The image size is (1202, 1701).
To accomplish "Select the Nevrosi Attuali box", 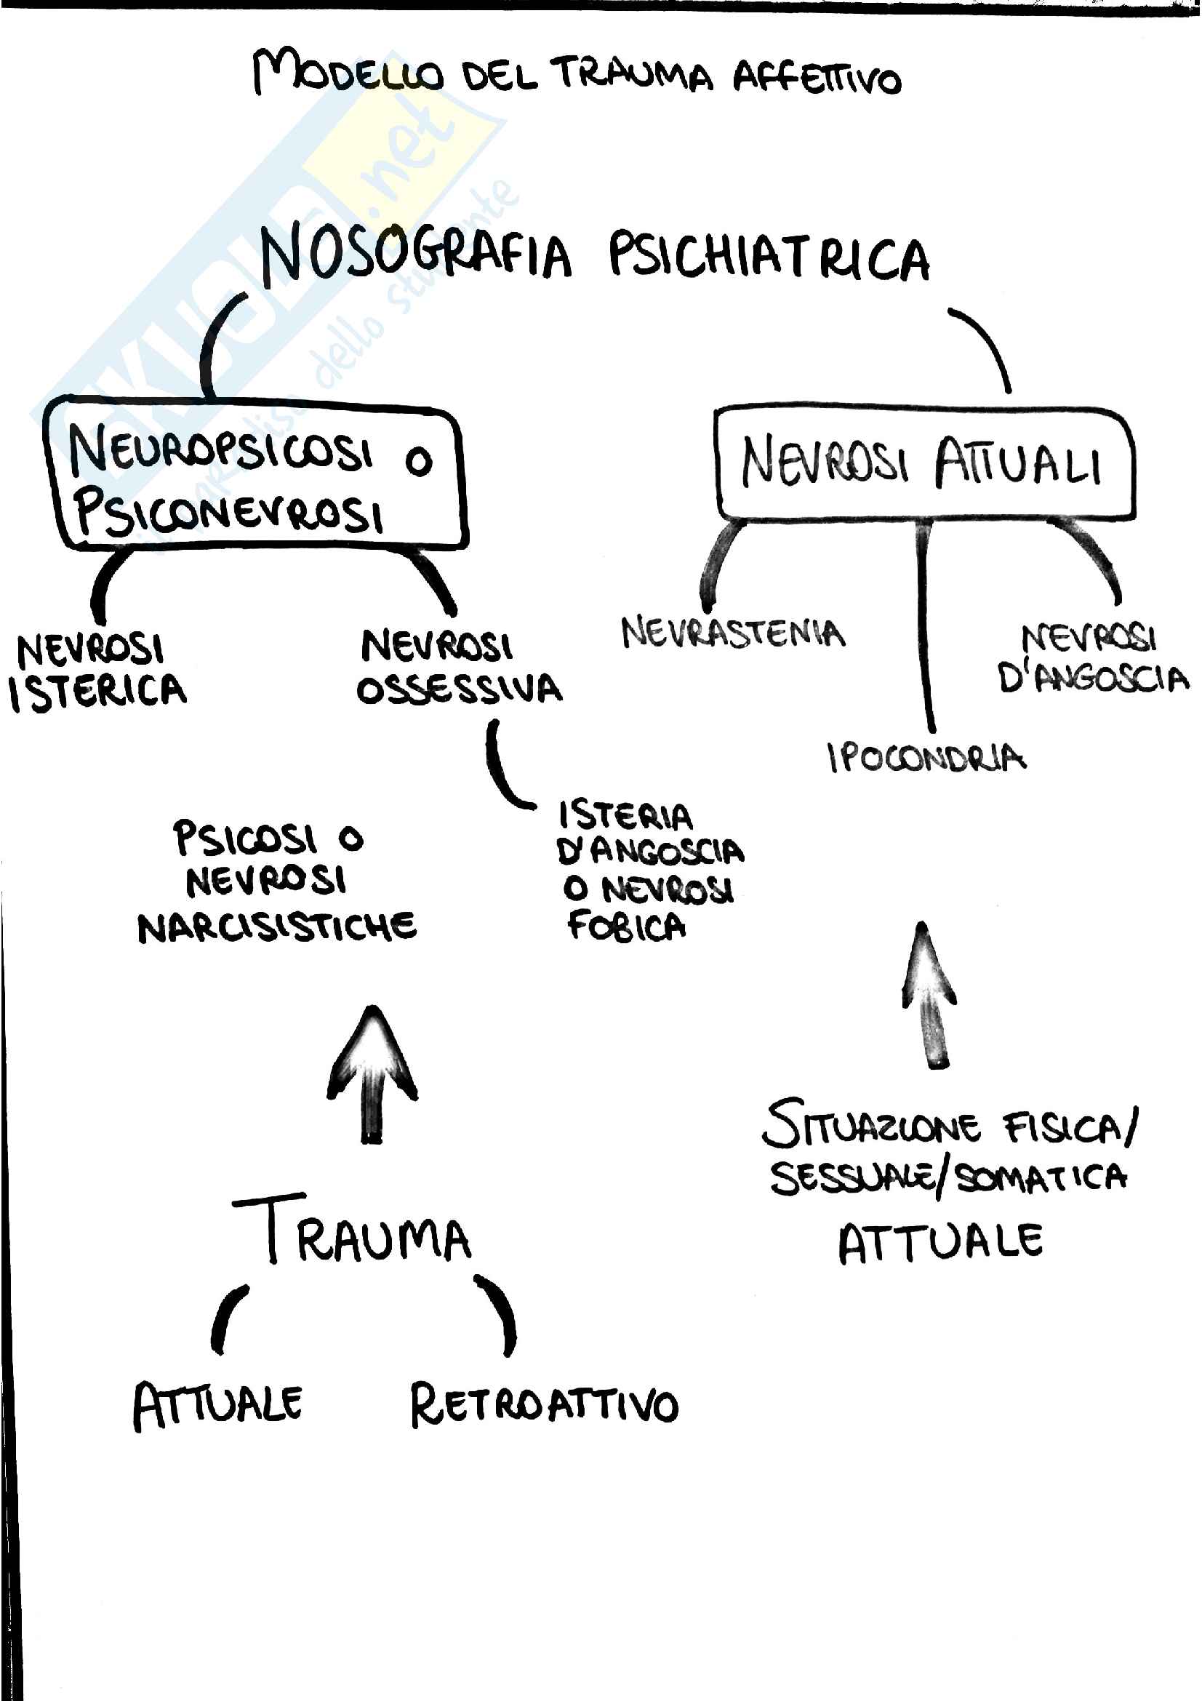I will tap(923, 463).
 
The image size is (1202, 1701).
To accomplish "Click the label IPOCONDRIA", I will tap(926, 757).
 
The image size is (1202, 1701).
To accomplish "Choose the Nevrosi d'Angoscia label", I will tap(1091, 659).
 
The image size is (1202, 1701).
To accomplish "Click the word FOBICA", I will tap(627, 926).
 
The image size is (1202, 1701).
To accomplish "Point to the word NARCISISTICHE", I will tap(277, 926).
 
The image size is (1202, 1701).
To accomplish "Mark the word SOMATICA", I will tap(1041, 1177).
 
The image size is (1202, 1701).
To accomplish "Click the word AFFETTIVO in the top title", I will tap(817, 79).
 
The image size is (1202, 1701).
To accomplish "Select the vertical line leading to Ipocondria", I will tap(923, 630).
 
